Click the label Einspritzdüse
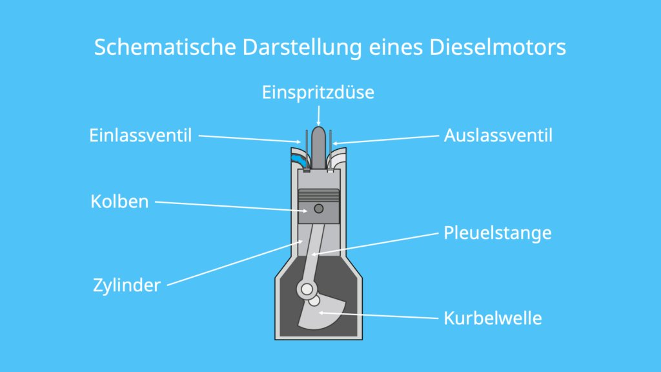point(318,93)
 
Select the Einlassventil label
point(140,136)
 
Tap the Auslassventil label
point(498,136)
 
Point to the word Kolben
point(119,201)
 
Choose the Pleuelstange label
point(498,233)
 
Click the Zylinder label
point(127,285)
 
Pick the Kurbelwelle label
point(493,318)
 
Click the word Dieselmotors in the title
point(498,46)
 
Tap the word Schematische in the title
point(165,46)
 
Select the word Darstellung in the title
point(302,47)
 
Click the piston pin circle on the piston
point(319,209)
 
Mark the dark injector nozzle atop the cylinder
point(319,148)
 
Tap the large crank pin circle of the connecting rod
point(307,289)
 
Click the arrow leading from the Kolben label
point(231,207)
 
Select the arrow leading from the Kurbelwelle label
point(378,315)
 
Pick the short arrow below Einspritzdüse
point(318,116)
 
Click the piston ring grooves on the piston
point(319,195)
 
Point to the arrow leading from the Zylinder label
point(235,263)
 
